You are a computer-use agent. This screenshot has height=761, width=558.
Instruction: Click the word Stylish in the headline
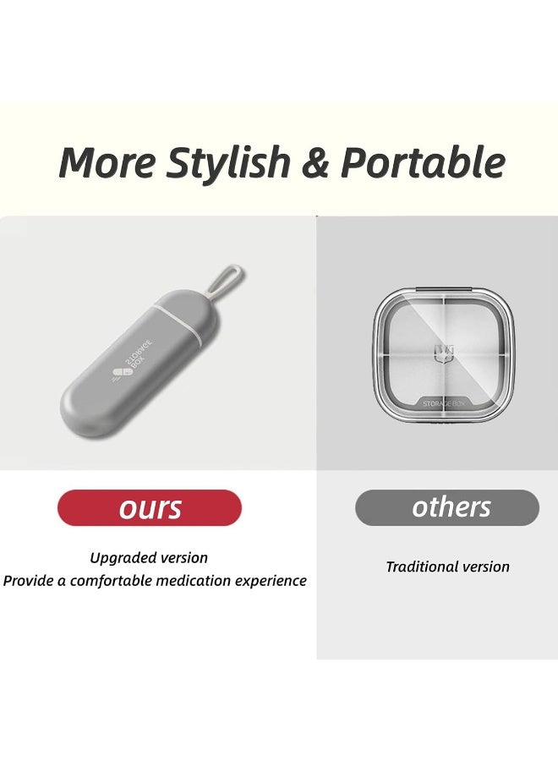228,162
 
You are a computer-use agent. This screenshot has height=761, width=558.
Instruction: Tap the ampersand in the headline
314,162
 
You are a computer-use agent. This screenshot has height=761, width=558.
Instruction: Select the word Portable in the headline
422,162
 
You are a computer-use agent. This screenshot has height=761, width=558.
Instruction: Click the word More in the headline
106,162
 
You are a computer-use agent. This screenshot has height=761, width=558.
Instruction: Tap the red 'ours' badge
150,508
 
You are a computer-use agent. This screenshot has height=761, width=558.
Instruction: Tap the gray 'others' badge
446,507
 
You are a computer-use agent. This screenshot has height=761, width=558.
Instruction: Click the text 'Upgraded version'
149,557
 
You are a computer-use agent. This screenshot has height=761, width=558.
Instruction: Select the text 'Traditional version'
447,567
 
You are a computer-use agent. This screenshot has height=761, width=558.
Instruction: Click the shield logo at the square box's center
445,349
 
